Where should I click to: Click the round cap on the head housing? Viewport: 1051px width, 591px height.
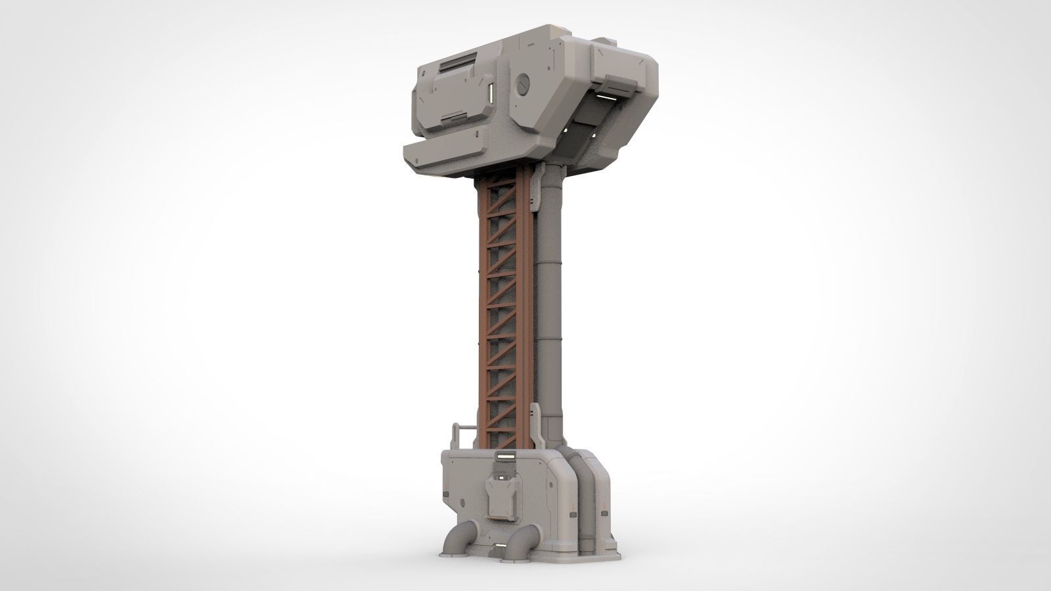point(524,83)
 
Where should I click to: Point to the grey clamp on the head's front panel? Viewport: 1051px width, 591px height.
point(616,83)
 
